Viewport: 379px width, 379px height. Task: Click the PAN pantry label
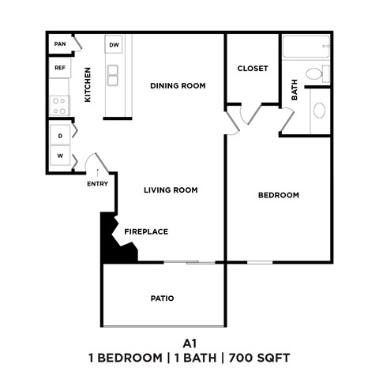(59, 45)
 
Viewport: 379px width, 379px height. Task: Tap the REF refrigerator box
(59, 69)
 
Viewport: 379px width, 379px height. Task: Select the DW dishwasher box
(114, 46)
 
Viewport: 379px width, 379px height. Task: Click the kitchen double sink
(114, 75)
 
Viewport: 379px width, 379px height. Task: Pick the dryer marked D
(60, 135)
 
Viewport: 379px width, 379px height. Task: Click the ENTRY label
(97, 185)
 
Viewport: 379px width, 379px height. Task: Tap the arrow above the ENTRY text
(97, 171)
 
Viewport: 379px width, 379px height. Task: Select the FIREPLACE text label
(146, 231)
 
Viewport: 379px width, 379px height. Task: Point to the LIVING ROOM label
(171, 190)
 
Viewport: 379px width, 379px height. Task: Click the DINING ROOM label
(178, 85)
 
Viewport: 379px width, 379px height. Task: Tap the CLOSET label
(253, 69)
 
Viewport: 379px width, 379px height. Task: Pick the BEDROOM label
(279, 195)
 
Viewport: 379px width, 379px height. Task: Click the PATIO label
(162, 298)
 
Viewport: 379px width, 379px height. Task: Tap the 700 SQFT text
(260, 358)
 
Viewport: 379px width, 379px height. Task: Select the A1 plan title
(189, 343)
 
